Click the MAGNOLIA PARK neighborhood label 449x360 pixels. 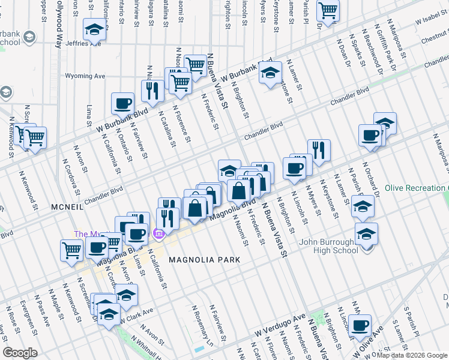(x=204, y=260)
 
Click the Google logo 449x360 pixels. (x=20, y=353)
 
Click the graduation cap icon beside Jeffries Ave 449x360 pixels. (x=94, y=30)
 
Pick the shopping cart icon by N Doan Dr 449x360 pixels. (x=328, y=10)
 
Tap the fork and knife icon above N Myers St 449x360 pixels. (x=319, y=150)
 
